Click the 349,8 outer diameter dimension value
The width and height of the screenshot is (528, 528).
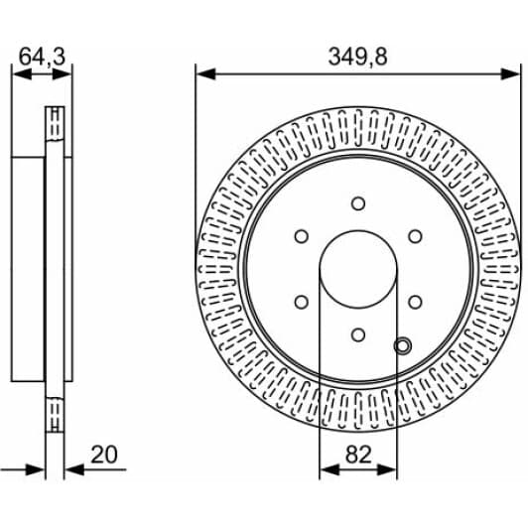[358, 57]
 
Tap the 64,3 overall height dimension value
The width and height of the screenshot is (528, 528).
[42, 57]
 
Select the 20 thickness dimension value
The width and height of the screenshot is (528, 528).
[105, 455]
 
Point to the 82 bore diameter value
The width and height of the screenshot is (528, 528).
[358, 455]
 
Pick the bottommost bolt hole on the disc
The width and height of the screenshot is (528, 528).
[357, 335]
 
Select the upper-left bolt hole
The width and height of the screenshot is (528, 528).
[300, 236]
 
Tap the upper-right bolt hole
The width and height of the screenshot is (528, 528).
[415, 236]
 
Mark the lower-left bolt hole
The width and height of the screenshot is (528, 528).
[300, 303]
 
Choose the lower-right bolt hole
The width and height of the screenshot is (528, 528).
[415, 303]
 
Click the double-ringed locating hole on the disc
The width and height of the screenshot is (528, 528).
[402, 345]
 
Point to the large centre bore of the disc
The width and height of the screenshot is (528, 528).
[357, 269]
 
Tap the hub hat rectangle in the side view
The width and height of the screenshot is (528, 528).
[30, 269]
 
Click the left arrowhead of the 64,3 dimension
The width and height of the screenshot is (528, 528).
[17, 72]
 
